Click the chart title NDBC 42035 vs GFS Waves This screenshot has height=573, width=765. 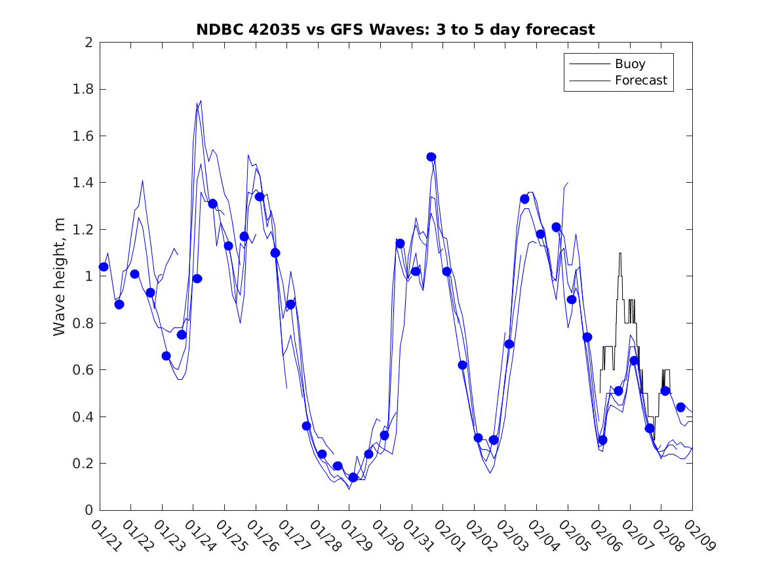pyautogui.click(x=395, y=30)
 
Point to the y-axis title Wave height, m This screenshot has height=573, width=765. pyautogui.click(x=60, y=276)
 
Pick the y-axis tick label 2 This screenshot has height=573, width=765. pyautogui.click(x=88, y=43)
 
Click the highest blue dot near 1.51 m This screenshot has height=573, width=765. pyautogui.click(x=431, y=157)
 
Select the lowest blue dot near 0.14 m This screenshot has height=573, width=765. pyautogui.click(x=353, y=477)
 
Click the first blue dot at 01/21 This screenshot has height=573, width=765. pyautogui.click(x=104, y=267)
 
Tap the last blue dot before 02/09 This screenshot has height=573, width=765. pyautogui.click(x=680, y=407)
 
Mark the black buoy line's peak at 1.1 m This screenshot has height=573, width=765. pyautogui.click(x=619, y=253)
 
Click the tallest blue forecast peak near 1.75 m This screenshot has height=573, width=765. pyautogui.click(x=201, y=101)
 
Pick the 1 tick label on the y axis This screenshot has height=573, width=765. pyautogui.click(x=88, y=276)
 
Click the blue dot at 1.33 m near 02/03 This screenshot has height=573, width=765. pyautogui.click(x=524, y=199)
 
